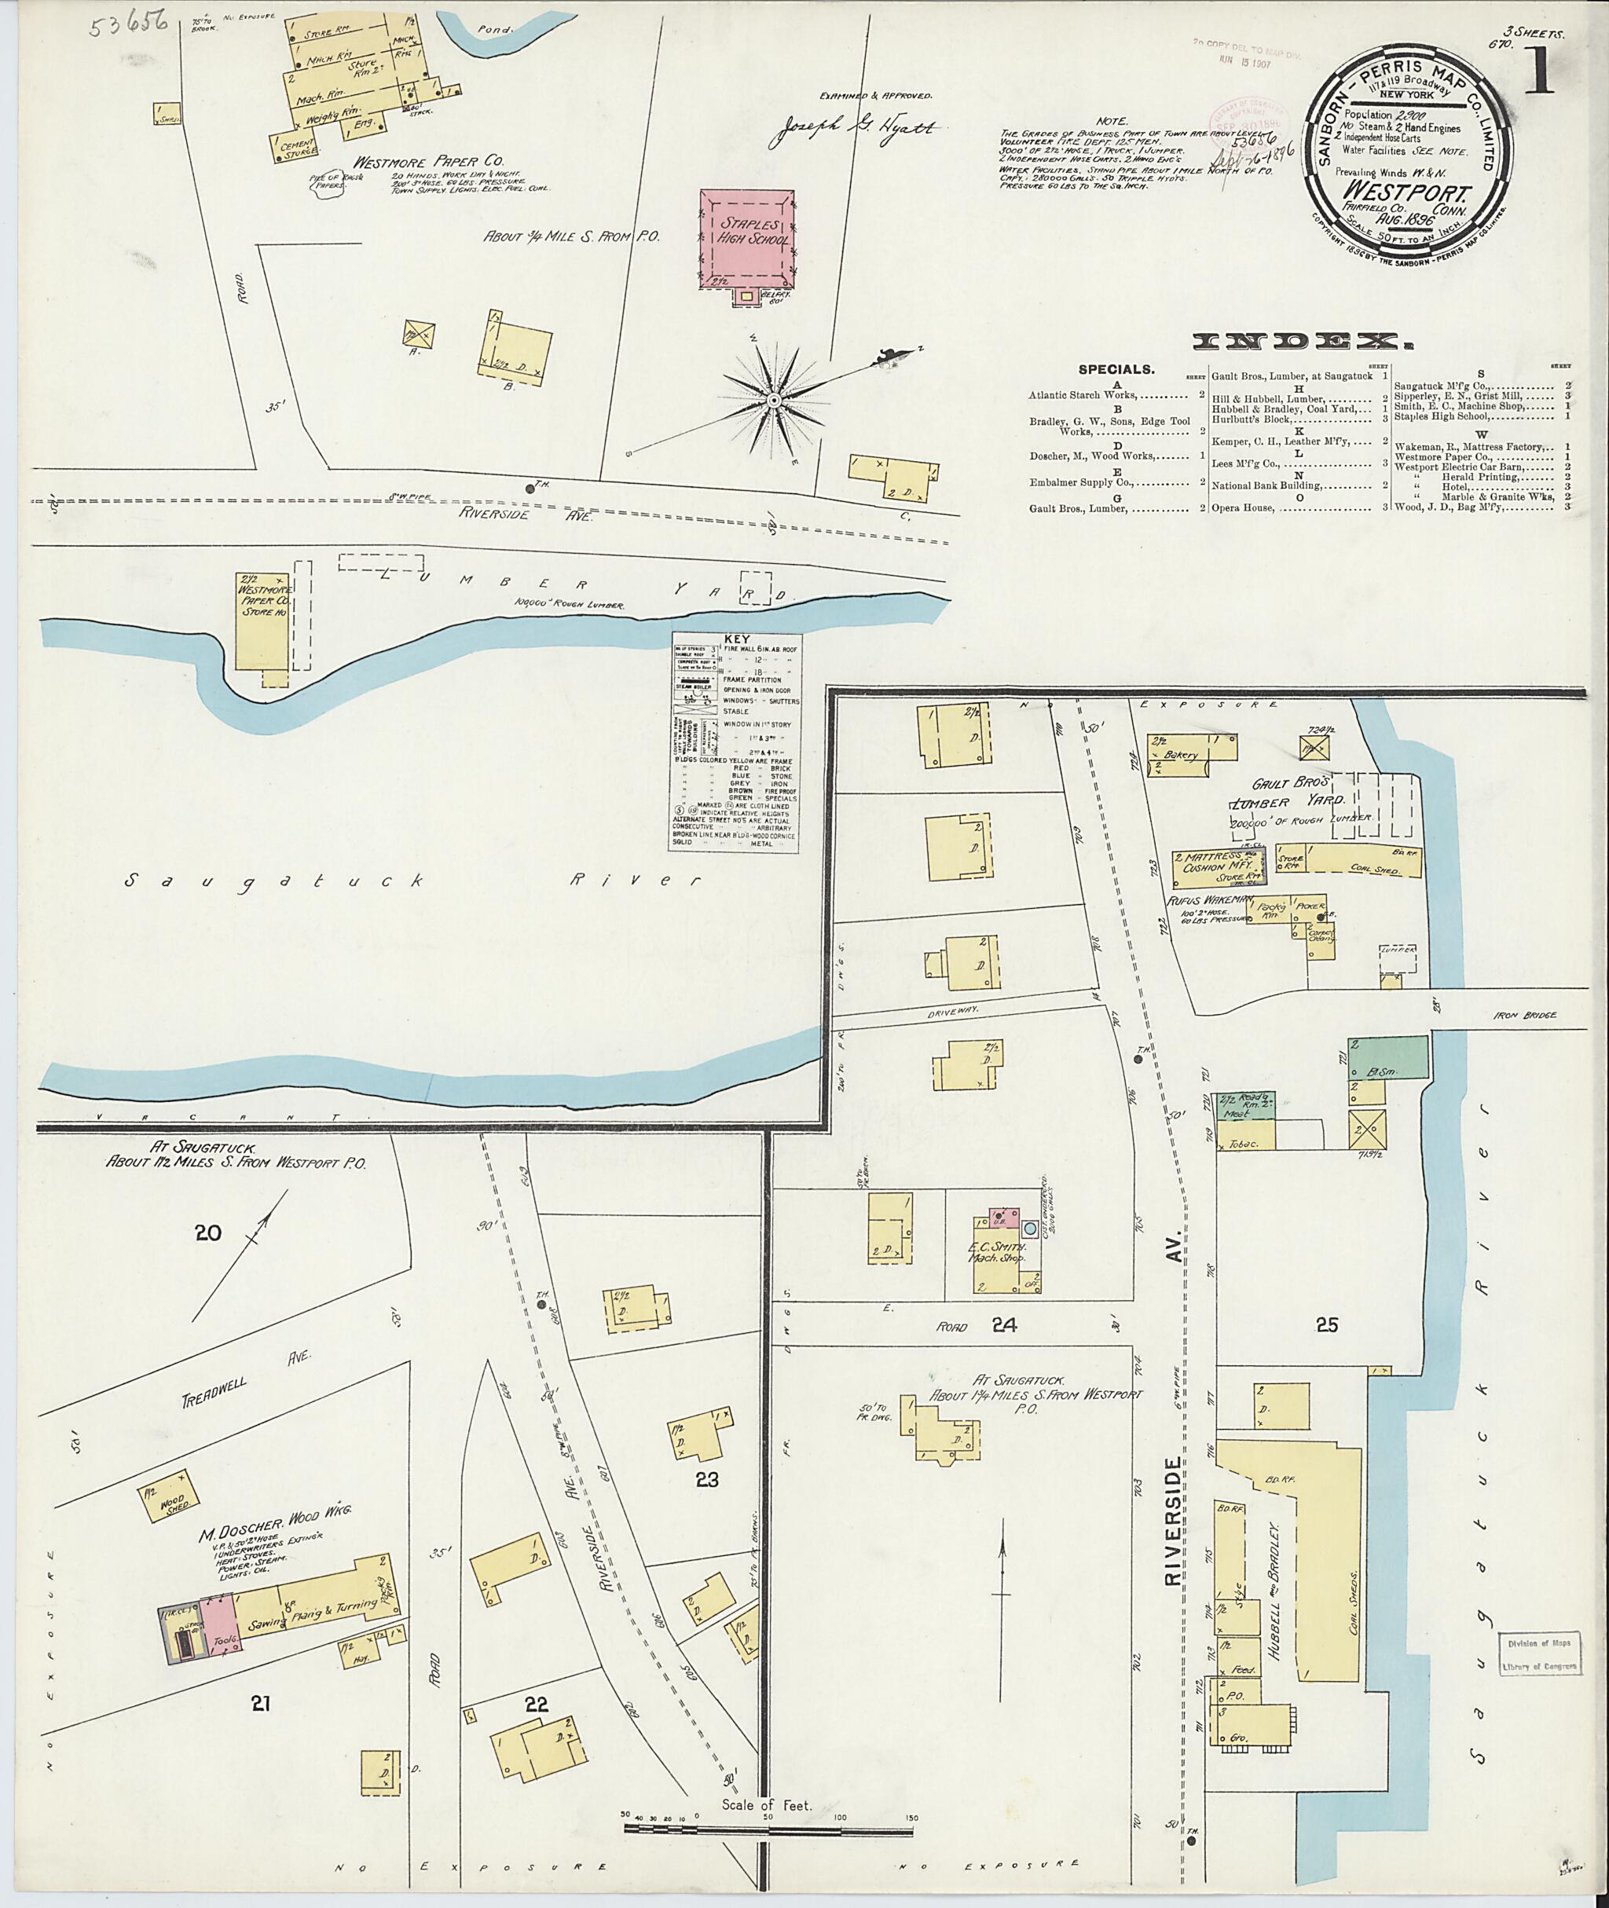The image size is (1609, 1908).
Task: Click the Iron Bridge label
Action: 1526,1015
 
